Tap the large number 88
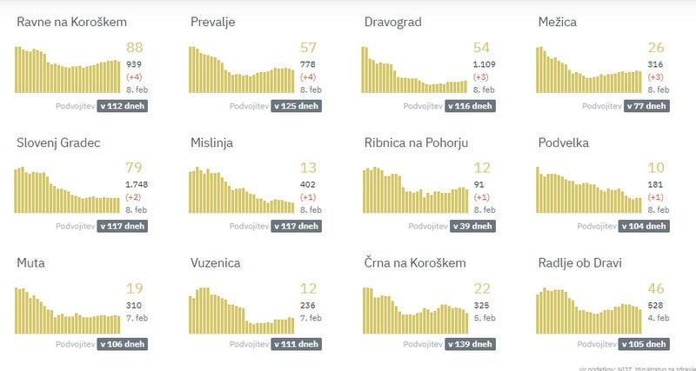(135, 49)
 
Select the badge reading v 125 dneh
(296, 106)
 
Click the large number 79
(135, 169)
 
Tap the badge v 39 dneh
(470, 226)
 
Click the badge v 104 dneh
(644, 226)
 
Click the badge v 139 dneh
(470, 346)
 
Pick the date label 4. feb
(657, 318)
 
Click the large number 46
(657, 288)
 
